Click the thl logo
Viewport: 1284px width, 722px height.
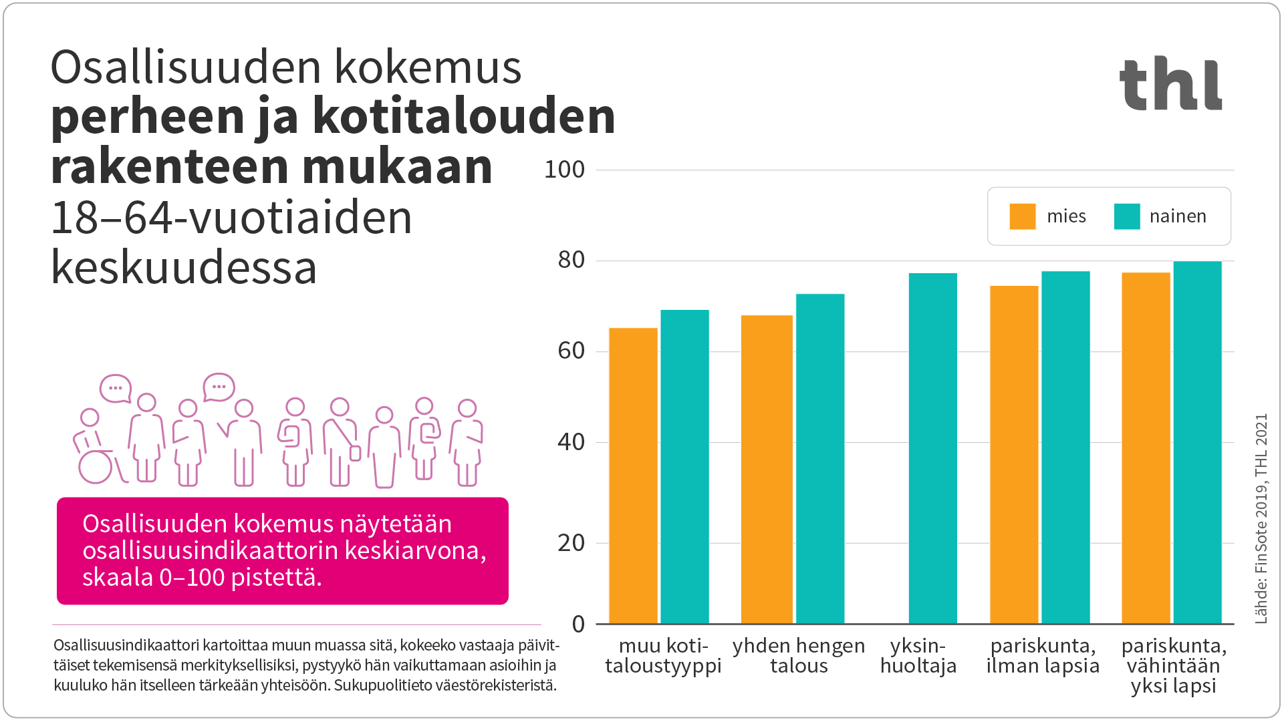pos(1170,84)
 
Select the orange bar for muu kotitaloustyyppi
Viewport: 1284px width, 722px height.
pos(633,476)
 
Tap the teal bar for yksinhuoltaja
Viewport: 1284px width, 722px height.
pos(932,447)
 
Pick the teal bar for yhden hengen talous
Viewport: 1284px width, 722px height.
pos(820,458)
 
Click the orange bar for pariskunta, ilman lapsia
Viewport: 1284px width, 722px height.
pos(1014,454)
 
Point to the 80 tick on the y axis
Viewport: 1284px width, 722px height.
pos(571,260)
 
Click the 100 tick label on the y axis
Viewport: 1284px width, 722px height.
pos(564,170)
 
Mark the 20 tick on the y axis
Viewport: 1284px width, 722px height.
pos(571,543)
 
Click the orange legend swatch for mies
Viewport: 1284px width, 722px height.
pos(1022,216)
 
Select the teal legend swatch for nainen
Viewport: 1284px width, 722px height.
pos(1127,216)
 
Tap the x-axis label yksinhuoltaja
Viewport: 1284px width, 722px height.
pos(918,656)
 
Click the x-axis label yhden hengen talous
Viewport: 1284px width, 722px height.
pos(799,656)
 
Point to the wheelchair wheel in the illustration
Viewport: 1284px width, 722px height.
pos(96,467)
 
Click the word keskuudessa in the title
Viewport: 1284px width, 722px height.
pos(184,267)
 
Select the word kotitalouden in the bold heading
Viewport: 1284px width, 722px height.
pos(463,116)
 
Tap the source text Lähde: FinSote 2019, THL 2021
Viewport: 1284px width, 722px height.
pos(1261,519)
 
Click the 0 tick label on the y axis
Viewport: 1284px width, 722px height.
pos(578,624)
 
